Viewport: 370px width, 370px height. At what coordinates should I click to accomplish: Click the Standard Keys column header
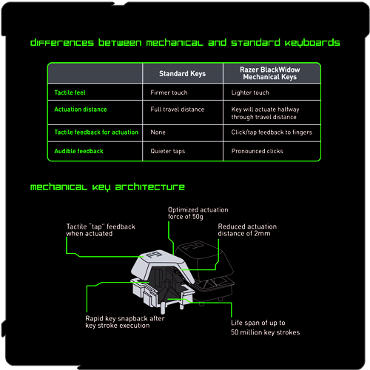182,73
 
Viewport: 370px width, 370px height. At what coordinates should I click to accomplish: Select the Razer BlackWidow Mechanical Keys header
270,73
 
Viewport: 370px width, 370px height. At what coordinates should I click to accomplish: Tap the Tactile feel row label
70,92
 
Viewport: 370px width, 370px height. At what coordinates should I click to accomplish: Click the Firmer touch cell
169,92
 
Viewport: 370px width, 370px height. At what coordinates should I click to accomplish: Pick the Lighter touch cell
250,92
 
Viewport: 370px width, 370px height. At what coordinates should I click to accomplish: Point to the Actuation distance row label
81,110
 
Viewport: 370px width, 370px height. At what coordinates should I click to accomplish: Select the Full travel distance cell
178,110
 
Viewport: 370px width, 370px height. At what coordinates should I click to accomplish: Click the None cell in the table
158,132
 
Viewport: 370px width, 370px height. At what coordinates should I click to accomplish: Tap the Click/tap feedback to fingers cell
272,132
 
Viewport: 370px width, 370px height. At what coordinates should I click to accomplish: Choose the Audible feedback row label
78,151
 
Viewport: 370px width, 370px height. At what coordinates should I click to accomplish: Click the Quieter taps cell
168,151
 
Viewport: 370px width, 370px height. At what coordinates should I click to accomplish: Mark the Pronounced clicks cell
257,151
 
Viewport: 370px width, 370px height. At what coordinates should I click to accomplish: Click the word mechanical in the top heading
175,43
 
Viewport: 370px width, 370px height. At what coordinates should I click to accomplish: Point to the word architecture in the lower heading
150,187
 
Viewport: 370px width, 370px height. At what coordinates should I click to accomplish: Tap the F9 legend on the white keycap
153,255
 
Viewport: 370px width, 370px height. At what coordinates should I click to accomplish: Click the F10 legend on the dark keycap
194,246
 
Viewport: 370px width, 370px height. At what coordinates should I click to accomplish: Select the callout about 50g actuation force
198,213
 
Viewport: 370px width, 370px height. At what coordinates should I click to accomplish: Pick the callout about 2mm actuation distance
247,230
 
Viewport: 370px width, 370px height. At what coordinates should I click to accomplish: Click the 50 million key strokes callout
266,328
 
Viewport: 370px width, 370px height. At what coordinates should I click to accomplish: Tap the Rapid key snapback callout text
125,322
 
